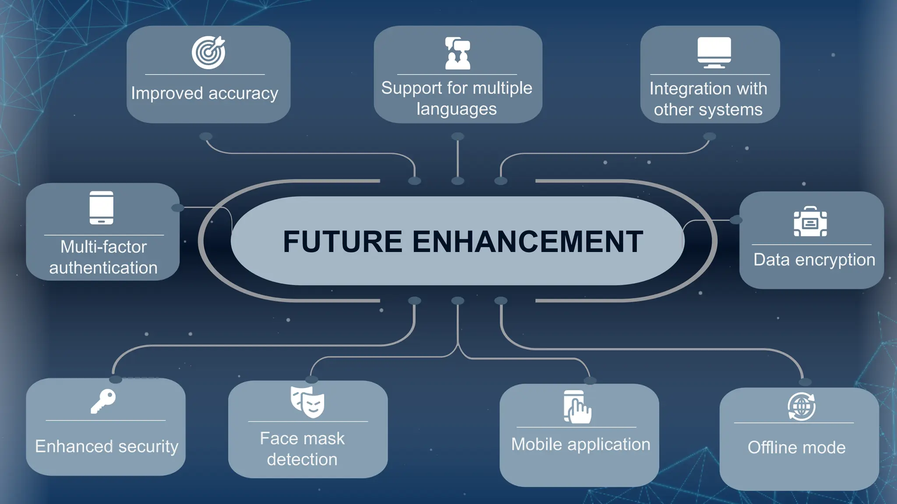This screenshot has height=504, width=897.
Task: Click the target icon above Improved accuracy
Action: click(x=208, y=52)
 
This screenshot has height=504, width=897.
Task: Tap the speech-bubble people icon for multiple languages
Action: click(x=458, y=53)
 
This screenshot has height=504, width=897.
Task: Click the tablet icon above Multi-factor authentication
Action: click(x=102, y=207)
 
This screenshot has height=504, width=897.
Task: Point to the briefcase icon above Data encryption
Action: click(x=810, y=222)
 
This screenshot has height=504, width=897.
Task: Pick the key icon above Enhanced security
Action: click(x=103, y=401)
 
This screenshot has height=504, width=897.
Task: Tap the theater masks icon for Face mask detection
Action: click(x=307, y=402)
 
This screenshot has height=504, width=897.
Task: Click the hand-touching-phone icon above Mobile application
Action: click(x=577, y=407)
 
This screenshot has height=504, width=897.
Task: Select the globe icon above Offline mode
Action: click(x=802, y=406)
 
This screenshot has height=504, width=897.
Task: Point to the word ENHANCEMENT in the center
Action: click(x=527, y=241)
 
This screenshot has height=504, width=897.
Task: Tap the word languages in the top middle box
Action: click(x=456, y=109)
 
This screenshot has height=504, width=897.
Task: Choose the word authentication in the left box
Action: click(x=103, y=268)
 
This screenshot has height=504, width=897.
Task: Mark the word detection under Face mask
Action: click(x=302, y=459)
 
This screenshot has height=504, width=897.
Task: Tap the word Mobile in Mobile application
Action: click(x=537, y=444)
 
